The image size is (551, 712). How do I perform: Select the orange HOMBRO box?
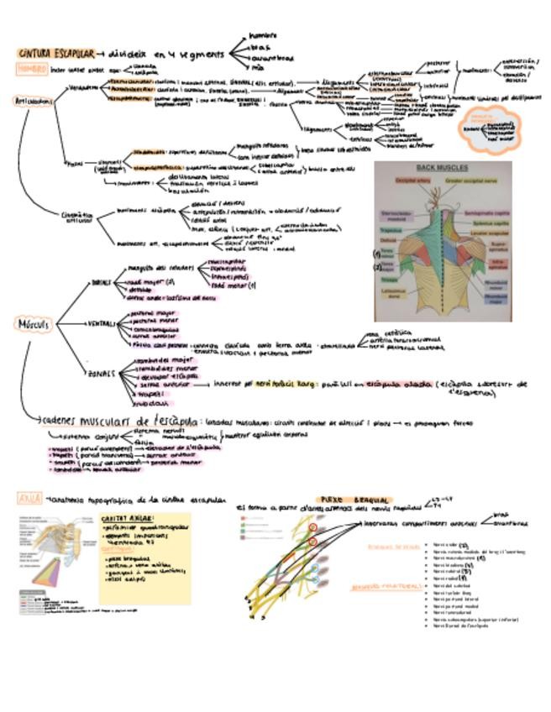pyautogui.click(x=31, y=69)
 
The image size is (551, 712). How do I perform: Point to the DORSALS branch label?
pyautogui.click(x=101, y=282)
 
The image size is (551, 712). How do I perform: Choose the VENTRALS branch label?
pyautogui.click(x=104, y=323)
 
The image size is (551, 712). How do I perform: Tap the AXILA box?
pyautogui.click(x=29, y=498)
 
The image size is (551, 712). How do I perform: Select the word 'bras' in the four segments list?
pyautogui.click(x=261, y=47)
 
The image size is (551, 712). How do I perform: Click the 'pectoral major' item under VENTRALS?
pyautogui.click(x=148, y=311)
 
